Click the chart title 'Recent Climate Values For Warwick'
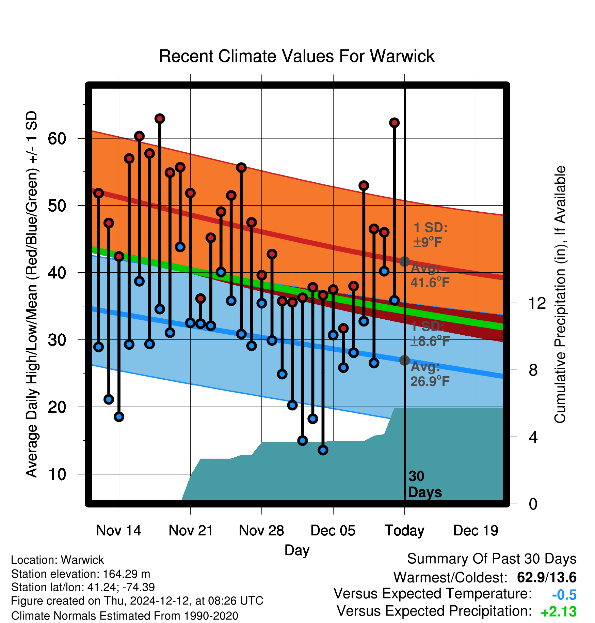pyautogui.click(x=297, y=56)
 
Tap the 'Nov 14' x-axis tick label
pyautogui.click(x=118, y=531)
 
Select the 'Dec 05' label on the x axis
pyautogui.click(x=333, y=531)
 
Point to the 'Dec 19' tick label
pyautogui.click(x=476, y=531)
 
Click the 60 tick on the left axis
pyautogui.click(x=57, y=139)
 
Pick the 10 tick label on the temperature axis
pyautogui.click(x=57, y=474)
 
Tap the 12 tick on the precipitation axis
pyautogui.click(x=537, y=303)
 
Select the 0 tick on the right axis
pyautogui.click(x=533, y=504)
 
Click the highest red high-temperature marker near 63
pyautogui.click(x=160, y=119)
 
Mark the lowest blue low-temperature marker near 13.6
pyautogui.click(x=323, y=450)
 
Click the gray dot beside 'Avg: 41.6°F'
pyautogui.click(x=404, y=261)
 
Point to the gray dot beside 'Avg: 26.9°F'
pyautogui.click(x=404, y=360)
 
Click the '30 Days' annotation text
pyautogui.click(x=425, y=484)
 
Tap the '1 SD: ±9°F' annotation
pyautogui.click(x=430, y=235)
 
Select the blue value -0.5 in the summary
pyautogui.click(x=564, y=595)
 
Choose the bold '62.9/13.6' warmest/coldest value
pyautogui.click(x=547, y=577)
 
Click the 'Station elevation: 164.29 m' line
pyautogui.click(x=81, y=574)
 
